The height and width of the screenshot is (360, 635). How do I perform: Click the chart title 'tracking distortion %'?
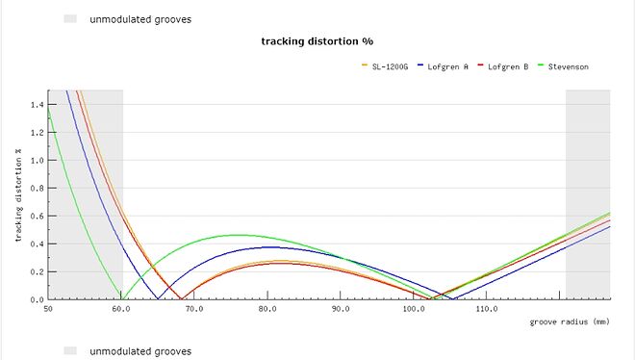[317, 41]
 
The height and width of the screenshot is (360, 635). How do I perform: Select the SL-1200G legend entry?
[390, 66]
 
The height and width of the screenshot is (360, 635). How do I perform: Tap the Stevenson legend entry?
[567, 66]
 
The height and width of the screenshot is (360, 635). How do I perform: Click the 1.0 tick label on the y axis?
[38, 160]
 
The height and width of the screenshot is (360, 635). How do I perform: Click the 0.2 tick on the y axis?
[38, 271]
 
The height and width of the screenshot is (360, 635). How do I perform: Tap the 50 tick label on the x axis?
[48, 309]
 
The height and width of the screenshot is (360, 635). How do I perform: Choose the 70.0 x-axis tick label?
[194, 309]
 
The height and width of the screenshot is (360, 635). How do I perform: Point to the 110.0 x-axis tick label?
[487, 309]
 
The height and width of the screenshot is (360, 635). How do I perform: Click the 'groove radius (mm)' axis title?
[570, 322]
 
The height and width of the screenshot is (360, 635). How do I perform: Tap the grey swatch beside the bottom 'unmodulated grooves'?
[69, 351]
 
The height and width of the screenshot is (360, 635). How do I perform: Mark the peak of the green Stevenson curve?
[238, 235]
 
